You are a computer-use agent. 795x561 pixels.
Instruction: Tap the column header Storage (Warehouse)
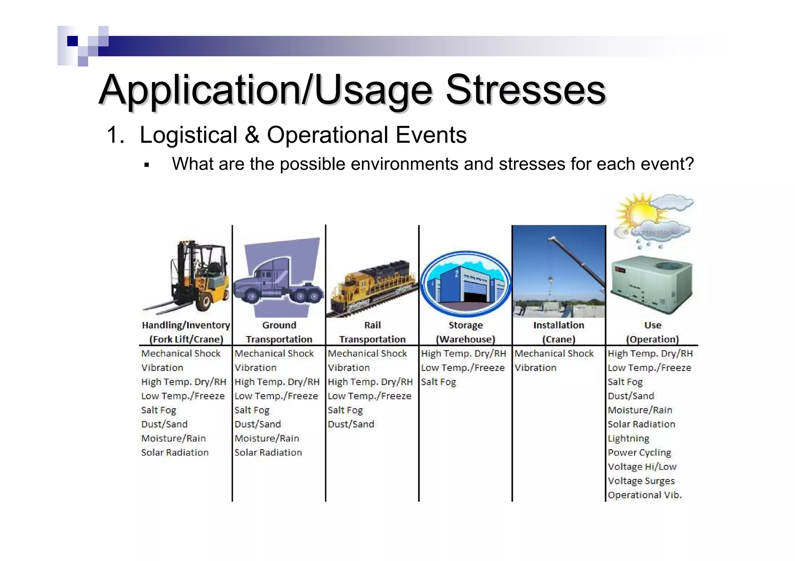click(x=465, y=332)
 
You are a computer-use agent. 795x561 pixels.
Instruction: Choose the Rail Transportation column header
click(x=372, y=332)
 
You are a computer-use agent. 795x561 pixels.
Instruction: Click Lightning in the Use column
click(x=628, y=438)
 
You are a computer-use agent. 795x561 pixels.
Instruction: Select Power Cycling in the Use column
click(x=639, y=452)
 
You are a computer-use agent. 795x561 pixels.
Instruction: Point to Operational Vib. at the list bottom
click(x=644, y=495)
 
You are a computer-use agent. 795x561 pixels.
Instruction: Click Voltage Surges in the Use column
click(x=641, y=481)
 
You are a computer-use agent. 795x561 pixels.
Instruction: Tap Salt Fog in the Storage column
click(x=438, y=382)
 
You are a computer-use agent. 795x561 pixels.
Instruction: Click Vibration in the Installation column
click(x=535, y=368)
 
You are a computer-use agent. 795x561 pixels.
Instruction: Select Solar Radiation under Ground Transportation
click(x=268, y=452)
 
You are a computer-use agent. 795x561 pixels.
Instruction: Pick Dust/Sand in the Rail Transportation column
click(x=351, y=424)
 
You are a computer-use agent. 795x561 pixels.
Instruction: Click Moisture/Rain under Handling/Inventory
click(x=174, y=438)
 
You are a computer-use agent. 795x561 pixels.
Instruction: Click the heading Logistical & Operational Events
click(x=303, y=135)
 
